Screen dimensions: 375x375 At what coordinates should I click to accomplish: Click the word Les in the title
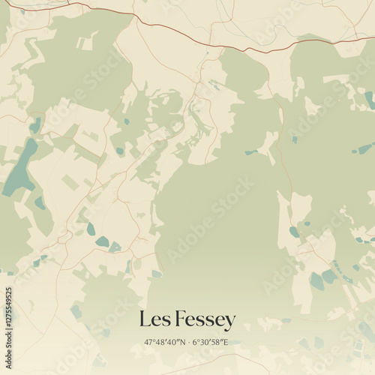point(154,320)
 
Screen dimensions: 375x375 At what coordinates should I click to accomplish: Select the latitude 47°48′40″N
point(164,343)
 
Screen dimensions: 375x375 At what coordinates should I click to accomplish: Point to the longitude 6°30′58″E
point(211,343)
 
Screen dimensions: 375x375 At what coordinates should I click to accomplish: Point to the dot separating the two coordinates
point(187,343)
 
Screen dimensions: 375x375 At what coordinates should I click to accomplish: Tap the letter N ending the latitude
point(181,343)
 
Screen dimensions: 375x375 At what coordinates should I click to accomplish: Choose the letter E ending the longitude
point(227,343)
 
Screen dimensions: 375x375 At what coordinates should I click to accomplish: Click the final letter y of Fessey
point(230,322)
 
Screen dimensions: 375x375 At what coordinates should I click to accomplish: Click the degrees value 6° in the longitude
point(196,343)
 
